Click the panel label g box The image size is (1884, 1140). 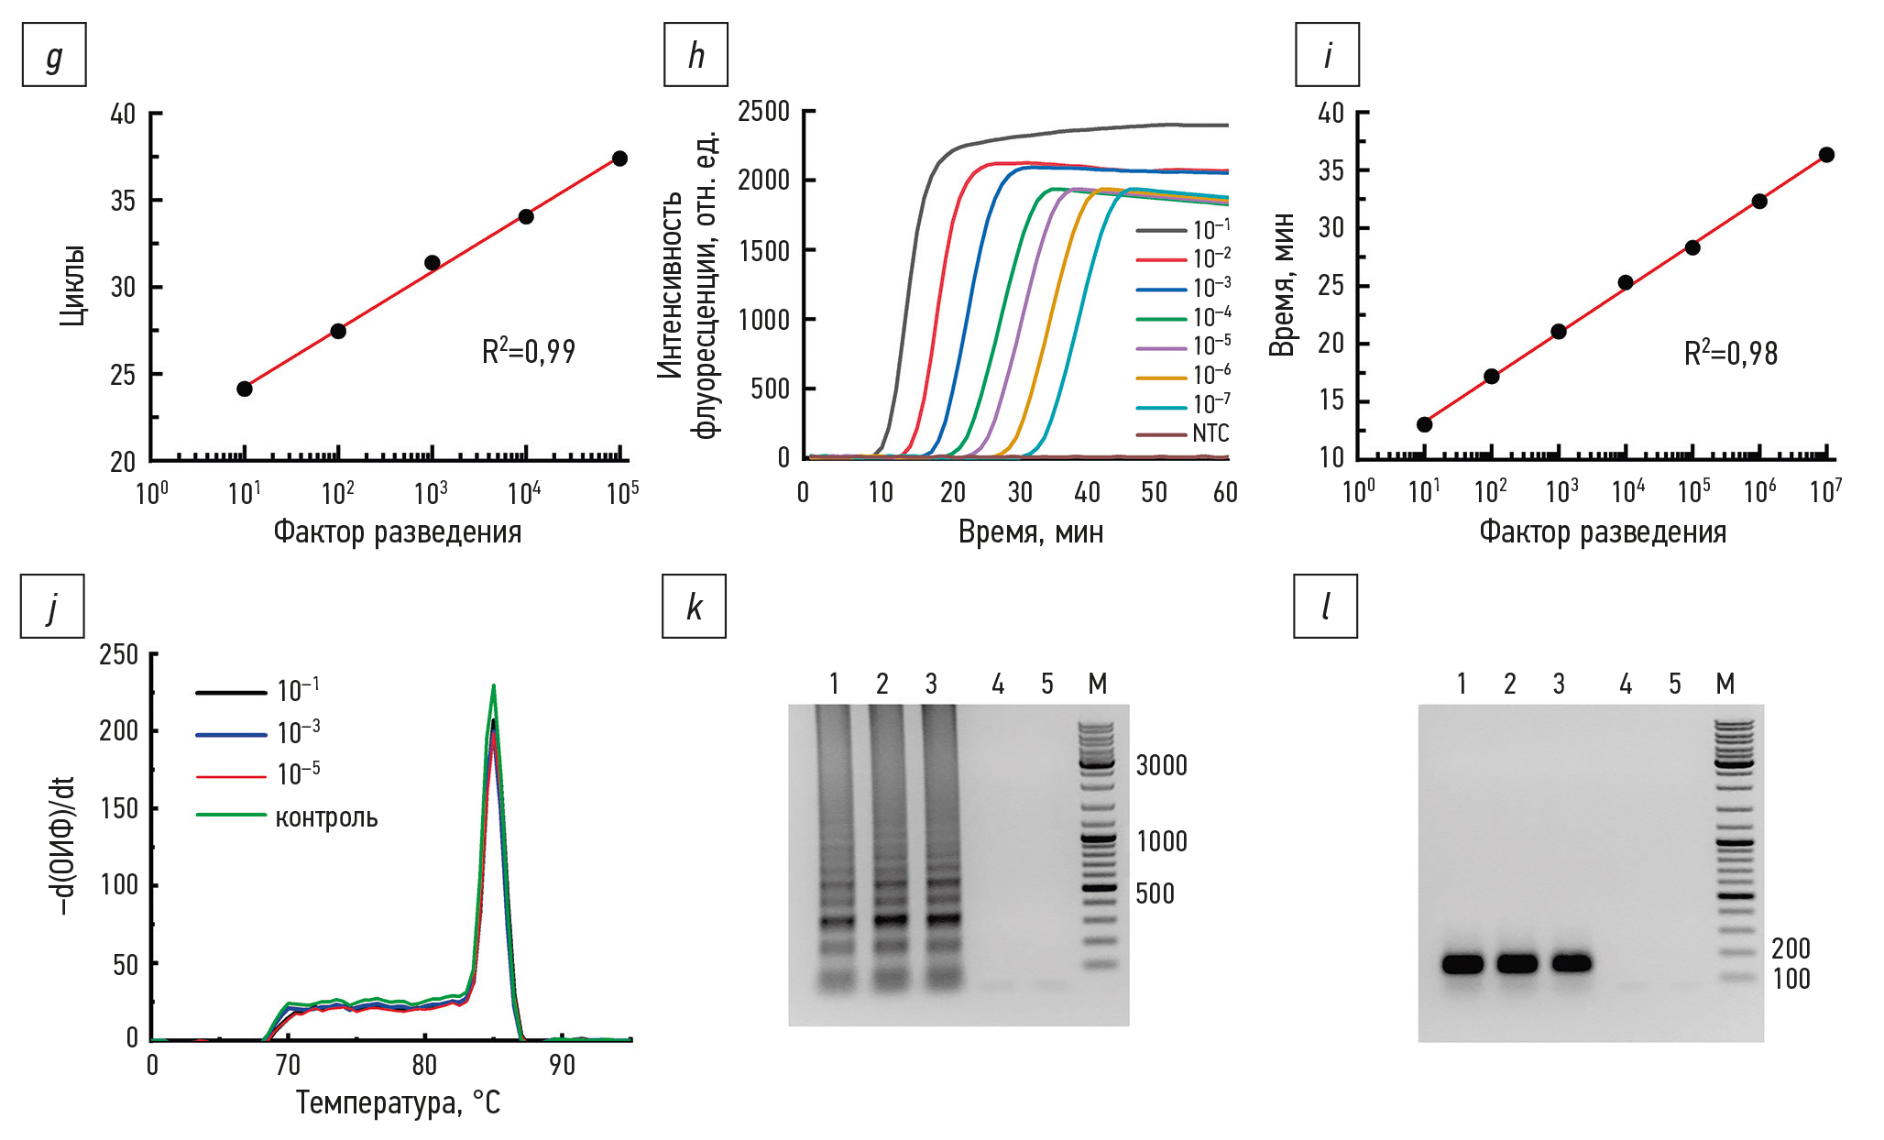pyautogui.click(x=54, y=55)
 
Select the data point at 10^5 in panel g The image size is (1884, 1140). pyautogui.click(x=619, y=159)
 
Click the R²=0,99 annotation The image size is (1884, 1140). pyautogui.click(x=529, y=351)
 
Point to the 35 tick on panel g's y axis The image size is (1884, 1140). pyautogui.click(x=123, y=201)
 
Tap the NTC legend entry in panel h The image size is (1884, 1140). pyautogui.click(x=1210, y=433)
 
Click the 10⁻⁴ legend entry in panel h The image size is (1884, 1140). pyautogui.click(x=1210, y=317)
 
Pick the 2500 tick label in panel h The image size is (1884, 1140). pyautogui.click(x=763, y=112)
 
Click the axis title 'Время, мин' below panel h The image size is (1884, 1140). pyautogui.click(x=1030, y=532)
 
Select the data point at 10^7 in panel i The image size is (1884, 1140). pyautogui.click(x=1826, y=155)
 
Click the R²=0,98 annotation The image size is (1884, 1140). pyautogui.click(x=1730, y=354)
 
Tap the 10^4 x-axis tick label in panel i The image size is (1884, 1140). pyautogui.click(x=1628, y=492)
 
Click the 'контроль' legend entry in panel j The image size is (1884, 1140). pyautogui.click(x=326, y=817)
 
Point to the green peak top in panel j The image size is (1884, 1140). pyautogui.click(x=494, y=685)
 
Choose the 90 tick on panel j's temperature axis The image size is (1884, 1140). pyautogui.click(x=562, y=1065)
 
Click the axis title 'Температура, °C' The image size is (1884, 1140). pyautogui.click(x=398, y=1102)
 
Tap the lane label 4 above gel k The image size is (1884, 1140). pyautogui.click(x=998, y=684)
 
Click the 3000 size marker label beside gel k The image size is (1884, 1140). pyautogui.click(x=1161, y=765)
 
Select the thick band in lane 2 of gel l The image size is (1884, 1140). pyautogui.click(x=1517, y=963)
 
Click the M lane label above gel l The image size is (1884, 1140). pyautogui.click(x=1725, y=684)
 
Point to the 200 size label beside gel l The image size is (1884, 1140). pyautogui.click(x=1791, y=948)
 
